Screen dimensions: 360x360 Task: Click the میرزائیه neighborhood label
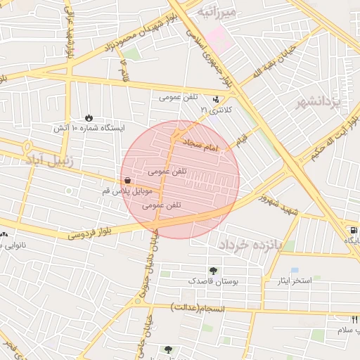pyautogui.click(x=218, y=12)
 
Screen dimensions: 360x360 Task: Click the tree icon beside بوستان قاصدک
pyautogui.click(x=212, y=271)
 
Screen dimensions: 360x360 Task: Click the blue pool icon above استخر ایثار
pyautogui.click(x=295, y=270)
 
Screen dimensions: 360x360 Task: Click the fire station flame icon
pyautogui.click(x=89, y=117)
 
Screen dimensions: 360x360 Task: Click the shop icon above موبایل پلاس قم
pyautogui.click(x=127, y=180)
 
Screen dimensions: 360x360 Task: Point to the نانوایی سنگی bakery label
pyautogui.click(x=25, y=244)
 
